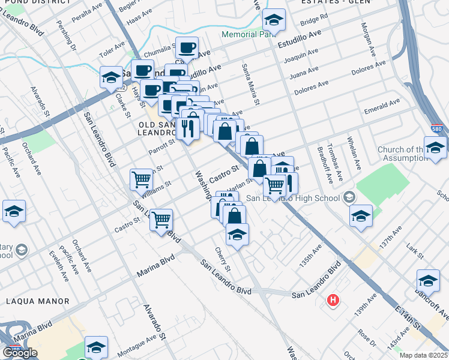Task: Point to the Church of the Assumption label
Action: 401,154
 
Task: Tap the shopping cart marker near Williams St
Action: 141,178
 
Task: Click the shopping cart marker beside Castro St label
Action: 161,220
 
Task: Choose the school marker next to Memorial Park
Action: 274,22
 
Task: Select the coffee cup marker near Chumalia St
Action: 186,47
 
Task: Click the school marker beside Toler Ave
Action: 111,77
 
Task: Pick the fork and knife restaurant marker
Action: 188,128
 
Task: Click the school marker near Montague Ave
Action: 95,348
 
